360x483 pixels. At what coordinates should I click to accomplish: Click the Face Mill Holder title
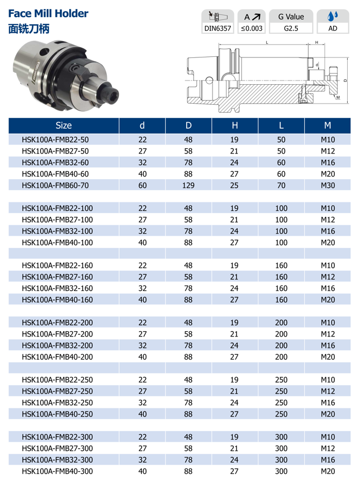pos(48,13)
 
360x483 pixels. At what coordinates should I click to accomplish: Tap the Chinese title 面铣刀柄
pos(28,28)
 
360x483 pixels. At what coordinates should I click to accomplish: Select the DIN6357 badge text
pos(218,28)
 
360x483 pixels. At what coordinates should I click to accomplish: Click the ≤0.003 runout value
pos(252,28)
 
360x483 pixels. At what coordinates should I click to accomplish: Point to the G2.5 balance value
pos(291,28)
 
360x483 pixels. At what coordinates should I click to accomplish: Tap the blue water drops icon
pos(333,16)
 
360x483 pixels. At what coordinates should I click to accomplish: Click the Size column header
pos(64,126)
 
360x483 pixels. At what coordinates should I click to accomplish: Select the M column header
pos(327,126)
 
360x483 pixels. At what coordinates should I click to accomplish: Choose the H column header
pos(234,126)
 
